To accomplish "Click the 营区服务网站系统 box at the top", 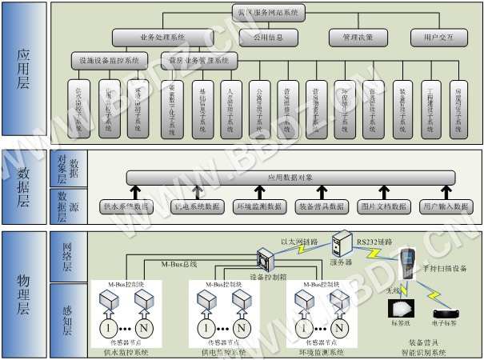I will tap(269, 13).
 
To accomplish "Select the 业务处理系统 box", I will tap(162, 37).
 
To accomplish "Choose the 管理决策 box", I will tap(357, 37).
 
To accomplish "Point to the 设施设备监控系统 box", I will tap(110, 60).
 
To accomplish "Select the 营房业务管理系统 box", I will tap(198, 60).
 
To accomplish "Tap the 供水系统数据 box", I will tap(126, 206).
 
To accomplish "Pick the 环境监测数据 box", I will tap(257, 206).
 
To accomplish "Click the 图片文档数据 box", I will tap(385, 206).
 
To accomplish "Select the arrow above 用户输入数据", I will tap(444, 192).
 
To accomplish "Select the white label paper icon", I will tap(398, 310).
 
